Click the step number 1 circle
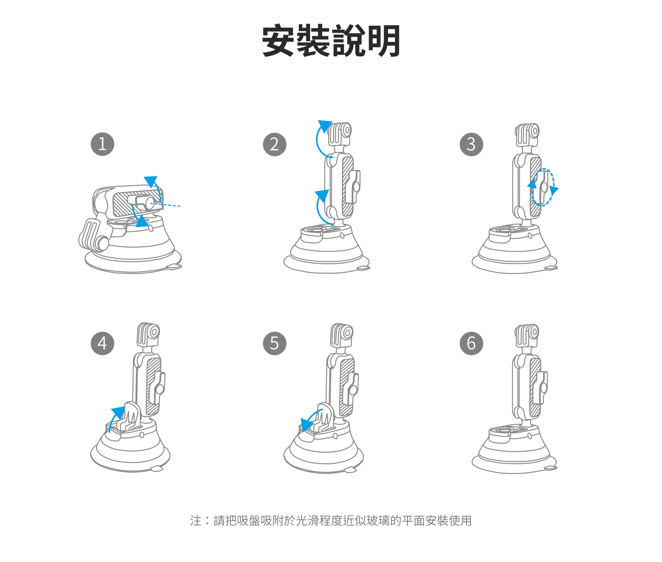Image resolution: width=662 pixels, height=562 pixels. pyautogui.click(x=102, y=144)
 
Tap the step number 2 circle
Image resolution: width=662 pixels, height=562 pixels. pyautogui.click(x=274, y=144)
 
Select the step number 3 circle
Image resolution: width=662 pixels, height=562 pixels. pyautogui.click(x=471, y=144)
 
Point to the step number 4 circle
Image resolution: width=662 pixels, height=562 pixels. pyautogui.click(x=102, y=343)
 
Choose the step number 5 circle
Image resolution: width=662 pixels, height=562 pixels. pyautogui.click(x=274, y=343)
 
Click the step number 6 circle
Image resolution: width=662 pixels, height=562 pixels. pyautogui.click(x=471, y=343)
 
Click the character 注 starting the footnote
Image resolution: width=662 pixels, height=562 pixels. pyautogui.click(x=196, y=520)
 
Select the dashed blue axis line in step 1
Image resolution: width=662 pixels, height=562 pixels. pyautogui.click(x=165, y=204)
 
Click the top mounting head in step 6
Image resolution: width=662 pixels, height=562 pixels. pyautogui.click(x=527, y=335)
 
